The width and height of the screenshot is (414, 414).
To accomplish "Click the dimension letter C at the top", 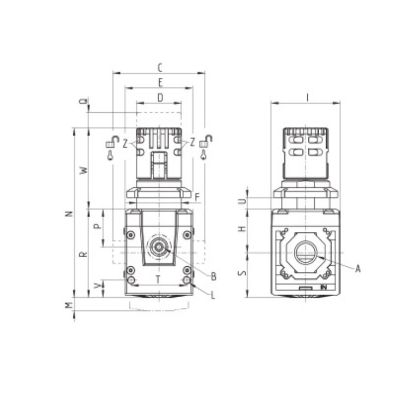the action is tap(160, 68).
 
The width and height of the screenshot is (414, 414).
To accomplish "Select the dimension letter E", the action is tap(161, 83).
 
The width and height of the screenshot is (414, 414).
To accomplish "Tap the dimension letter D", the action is tap(160, 98).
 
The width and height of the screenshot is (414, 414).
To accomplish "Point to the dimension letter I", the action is tap(307, 98).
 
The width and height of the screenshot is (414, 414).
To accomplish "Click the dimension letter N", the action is tap(69, 213).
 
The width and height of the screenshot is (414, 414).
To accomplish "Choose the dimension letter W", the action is tap(84, 170).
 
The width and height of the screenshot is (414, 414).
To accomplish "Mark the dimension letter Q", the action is tap(84, 101).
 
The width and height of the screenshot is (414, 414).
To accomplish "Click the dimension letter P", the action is tap(98, 226).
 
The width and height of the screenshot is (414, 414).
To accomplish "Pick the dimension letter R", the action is tap(83, 254).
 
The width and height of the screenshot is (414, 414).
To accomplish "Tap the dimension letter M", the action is tap(69, 305).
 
